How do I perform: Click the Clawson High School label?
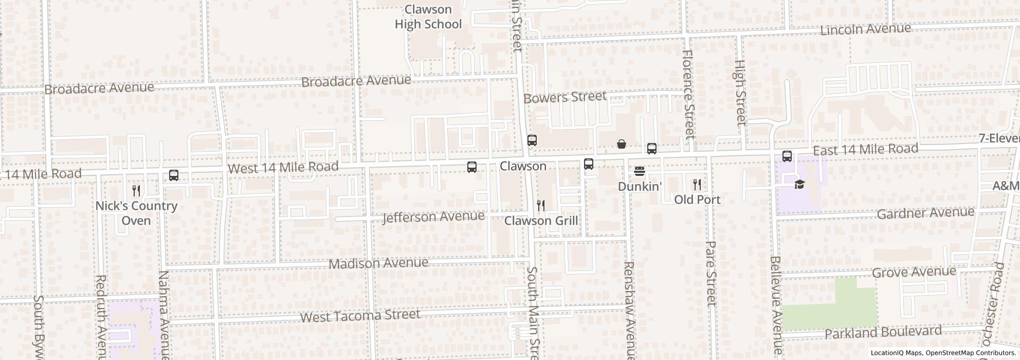[x=428, y=17]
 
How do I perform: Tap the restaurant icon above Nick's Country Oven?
[x=136, y=191]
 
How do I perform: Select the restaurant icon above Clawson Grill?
[x=540, y=206]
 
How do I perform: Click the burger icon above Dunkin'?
[x=639, y=171]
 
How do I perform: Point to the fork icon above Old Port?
[x=697, y=184]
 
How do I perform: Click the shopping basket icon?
[x=622, y=144]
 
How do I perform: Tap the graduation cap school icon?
[x=799, y=184]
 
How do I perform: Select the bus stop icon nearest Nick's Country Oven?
[x=174, y=175]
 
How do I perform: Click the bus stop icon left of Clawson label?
[x=471, y=167]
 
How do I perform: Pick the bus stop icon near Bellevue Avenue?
[x=787, y=156]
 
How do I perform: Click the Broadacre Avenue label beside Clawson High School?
[x=356, y=81]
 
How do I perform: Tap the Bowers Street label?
[x=564, y=97]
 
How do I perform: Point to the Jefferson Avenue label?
[x=433, y=217]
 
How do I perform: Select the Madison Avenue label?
[x=378, y=263]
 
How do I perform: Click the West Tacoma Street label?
[x=360, y=315]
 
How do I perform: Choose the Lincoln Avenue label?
[x=865, y=29]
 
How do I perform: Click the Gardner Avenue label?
[x=925, y=213]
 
